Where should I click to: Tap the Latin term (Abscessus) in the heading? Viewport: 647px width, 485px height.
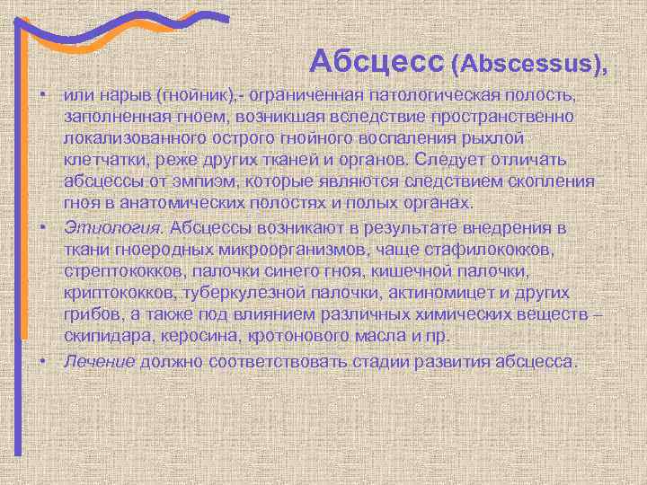click(x=528, y=63)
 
